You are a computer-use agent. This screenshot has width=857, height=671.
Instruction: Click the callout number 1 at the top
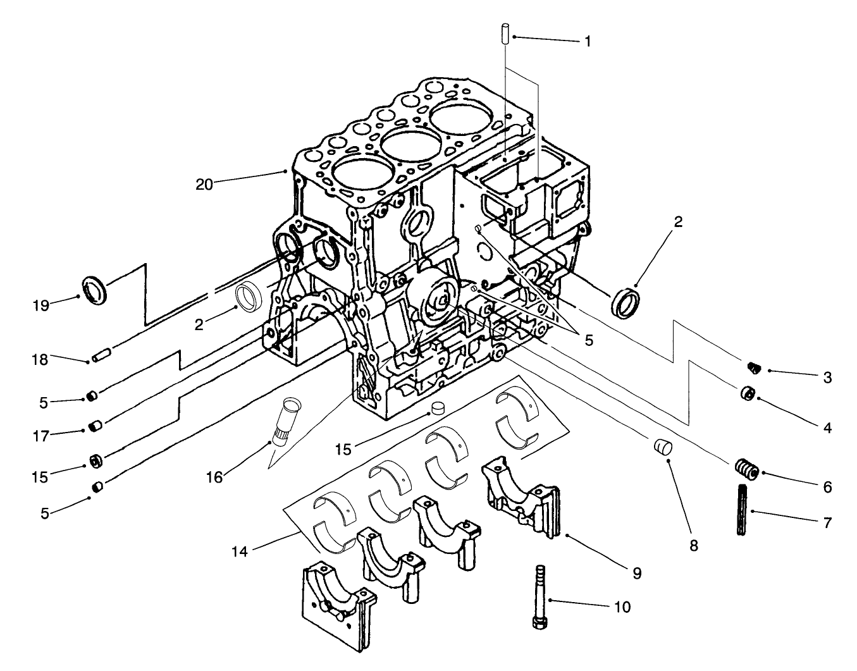tap(588, 41)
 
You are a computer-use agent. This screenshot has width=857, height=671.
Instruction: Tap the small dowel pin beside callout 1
tap(505, 34)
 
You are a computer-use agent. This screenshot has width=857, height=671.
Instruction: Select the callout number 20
tap(204, 184)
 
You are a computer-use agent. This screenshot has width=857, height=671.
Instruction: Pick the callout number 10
tap(622, 607)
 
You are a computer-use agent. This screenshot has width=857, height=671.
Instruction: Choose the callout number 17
tap(40, 436)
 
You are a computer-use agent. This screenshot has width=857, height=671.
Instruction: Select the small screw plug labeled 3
tap(753, 367)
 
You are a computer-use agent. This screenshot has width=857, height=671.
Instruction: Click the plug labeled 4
tap(748, 394)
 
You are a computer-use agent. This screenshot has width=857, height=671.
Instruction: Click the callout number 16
tap(214, 477)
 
